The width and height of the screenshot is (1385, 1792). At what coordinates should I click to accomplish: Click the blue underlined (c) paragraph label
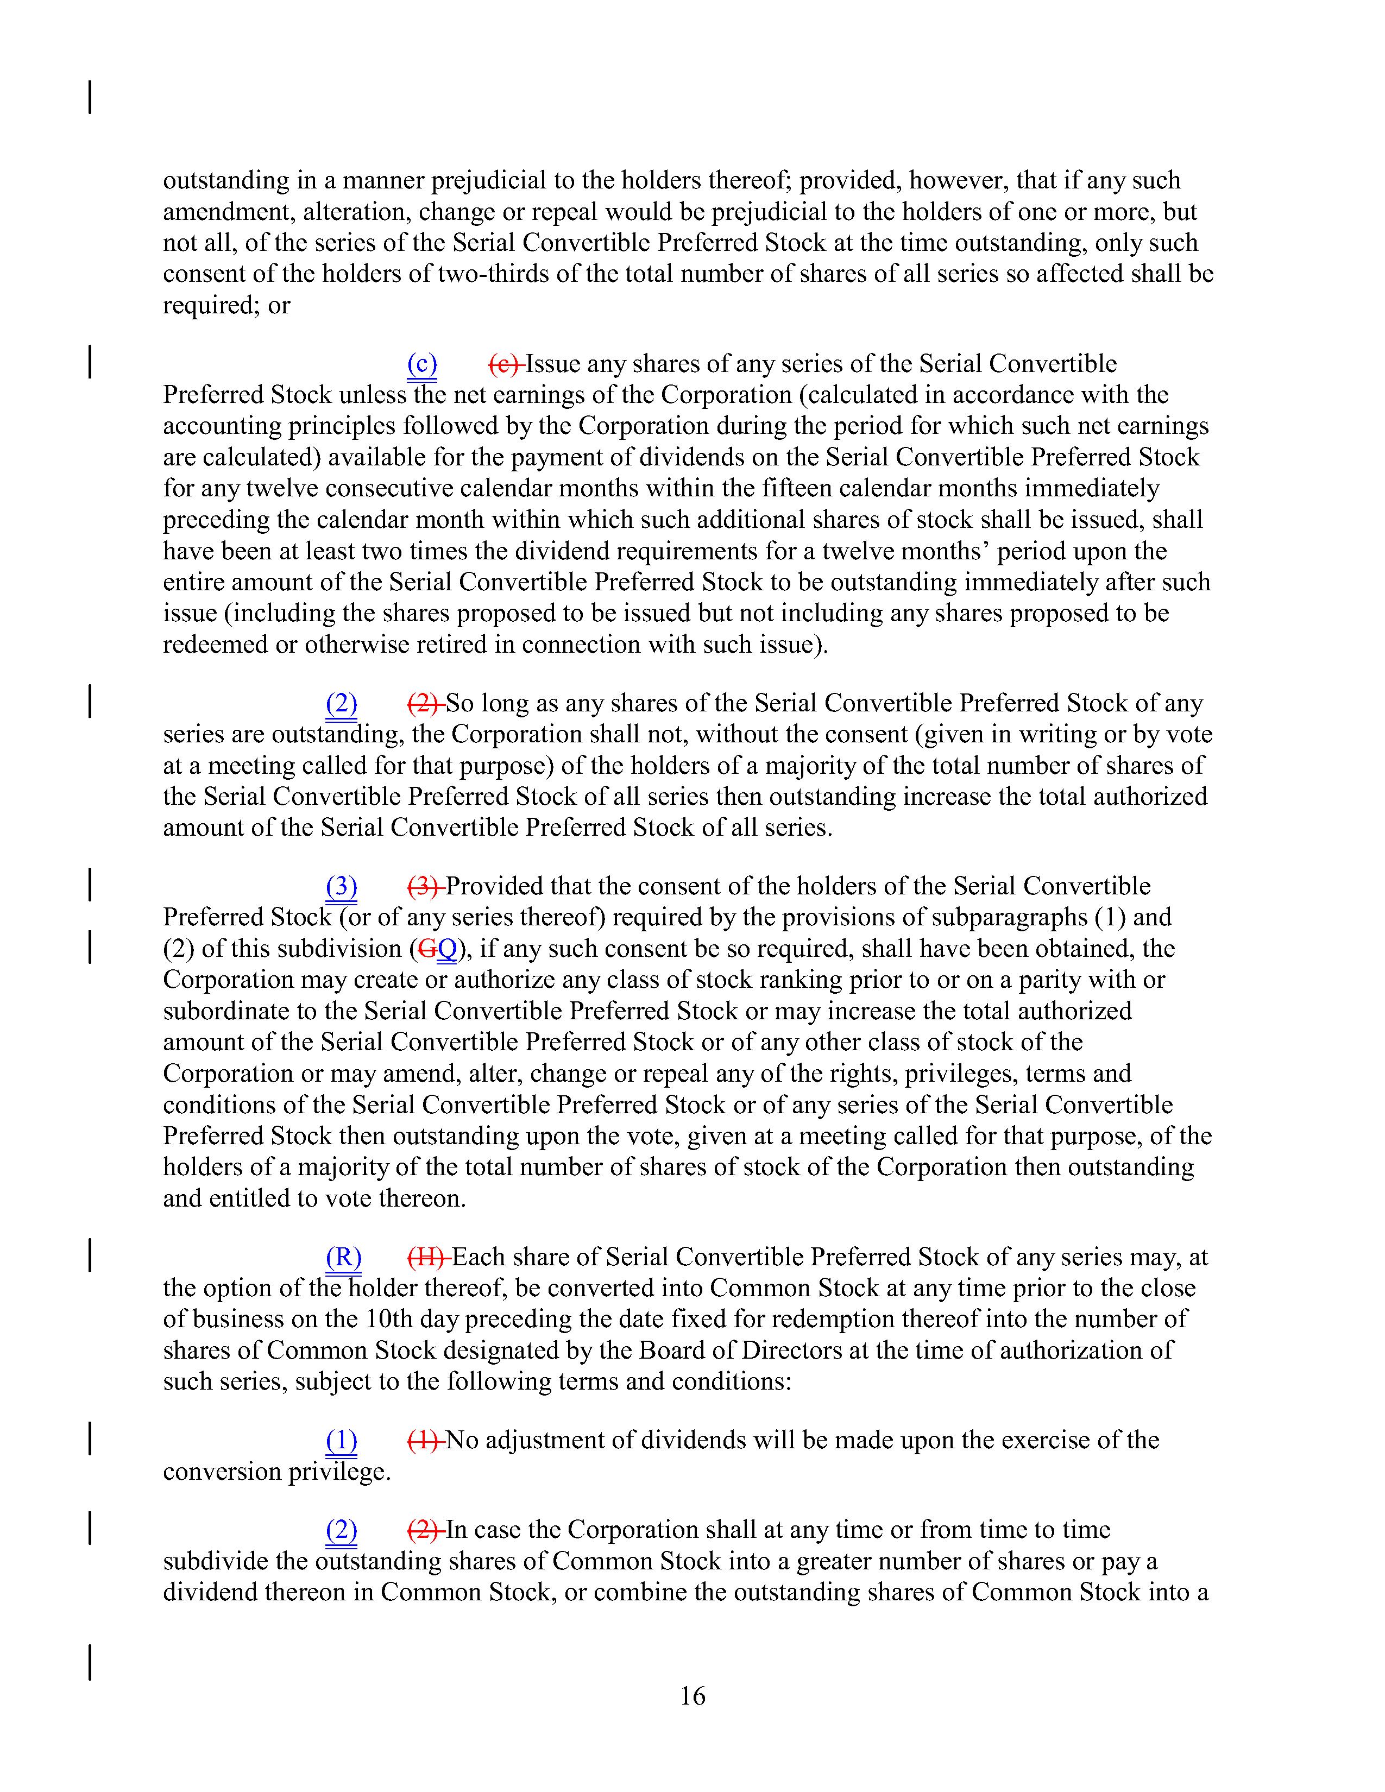coord(421,363)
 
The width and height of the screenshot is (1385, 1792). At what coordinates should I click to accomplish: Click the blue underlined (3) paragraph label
coord(341,886)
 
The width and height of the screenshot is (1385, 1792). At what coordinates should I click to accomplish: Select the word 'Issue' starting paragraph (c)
coord(552,363)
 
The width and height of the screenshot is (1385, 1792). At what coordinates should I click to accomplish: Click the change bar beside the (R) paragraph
coord(90,1257)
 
